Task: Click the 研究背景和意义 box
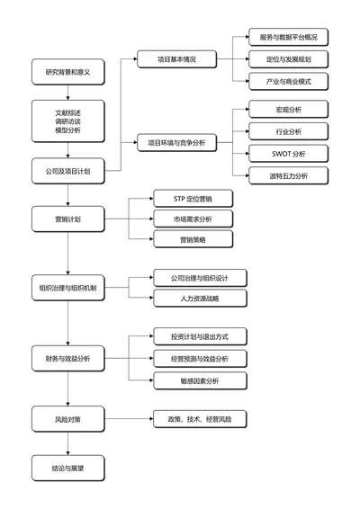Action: [67, 71]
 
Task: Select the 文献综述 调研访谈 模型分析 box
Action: [67, 121]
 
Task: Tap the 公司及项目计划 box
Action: [67, 170]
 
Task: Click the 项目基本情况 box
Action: [177, 59]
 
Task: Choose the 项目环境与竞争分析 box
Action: [177, 142]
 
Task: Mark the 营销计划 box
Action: [67, 219]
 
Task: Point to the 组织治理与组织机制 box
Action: [67, 289]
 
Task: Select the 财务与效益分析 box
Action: [67, 359]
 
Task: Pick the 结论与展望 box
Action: [67, 468]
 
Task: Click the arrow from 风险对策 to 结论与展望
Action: [67, 442]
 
